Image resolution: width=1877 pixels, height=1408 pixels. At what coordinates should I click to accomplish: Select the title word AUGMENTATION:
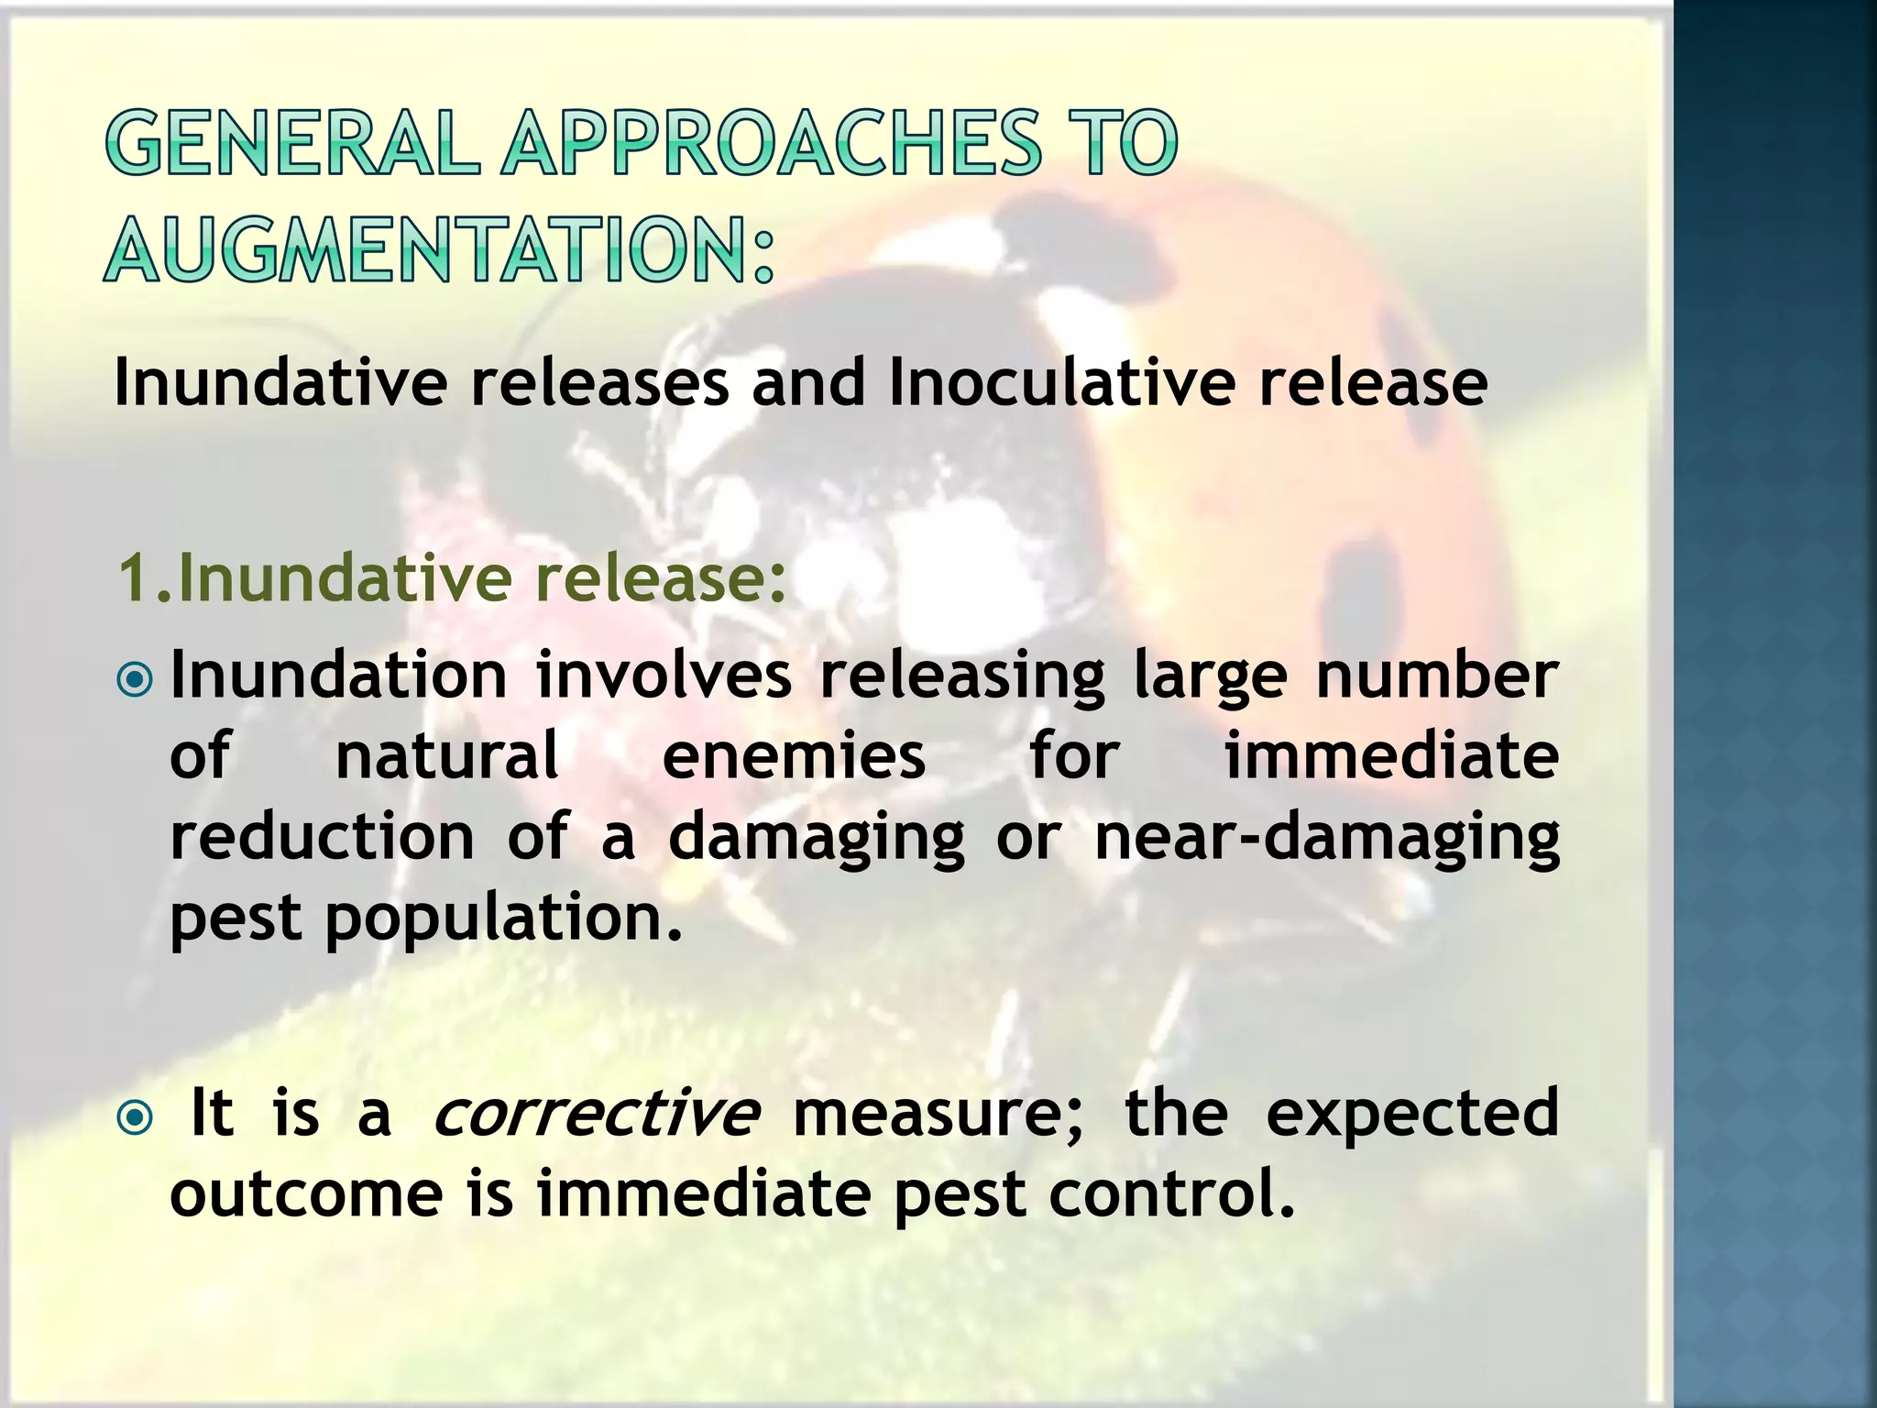(440, 248)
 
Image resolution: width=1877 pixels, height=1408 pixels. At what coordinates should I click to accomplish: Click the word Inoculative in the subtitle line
(1062, 382)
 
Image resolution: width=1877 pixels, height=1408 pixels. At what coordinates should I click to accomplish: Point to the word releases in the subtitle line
(599, 382)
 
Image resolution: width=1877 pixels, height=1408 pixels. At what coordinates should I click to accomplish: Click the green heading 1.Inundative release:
(452, 578)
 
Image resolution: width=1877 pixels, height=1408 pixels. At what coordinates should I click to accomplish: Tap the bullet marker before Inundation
(136, 680)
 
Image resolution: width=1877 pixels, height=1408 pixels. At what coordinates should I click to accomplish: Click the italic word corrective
(595, 1113)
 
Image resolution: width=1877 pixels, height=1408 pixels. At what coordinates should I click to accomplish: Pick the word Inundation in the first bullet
(338, 676)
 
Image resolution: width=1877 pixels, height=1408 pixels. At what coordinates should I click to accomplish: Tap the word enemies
(794, 757)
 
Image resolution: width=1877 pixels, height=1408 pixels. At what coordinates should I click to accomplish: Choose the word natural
(447, 757)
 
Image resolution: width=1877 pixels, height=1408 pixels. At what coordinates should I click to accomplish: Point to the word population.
(503, 920)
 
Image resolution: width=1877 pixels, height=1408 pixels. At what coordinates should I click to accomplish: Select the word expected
(1411, 1115)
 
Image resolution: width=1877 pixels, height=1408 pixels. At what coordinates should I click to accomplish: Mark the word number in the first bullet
(1436, 676)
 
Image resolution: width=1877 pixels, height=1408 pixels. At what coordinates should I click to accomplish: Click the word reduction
(323, 837)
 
